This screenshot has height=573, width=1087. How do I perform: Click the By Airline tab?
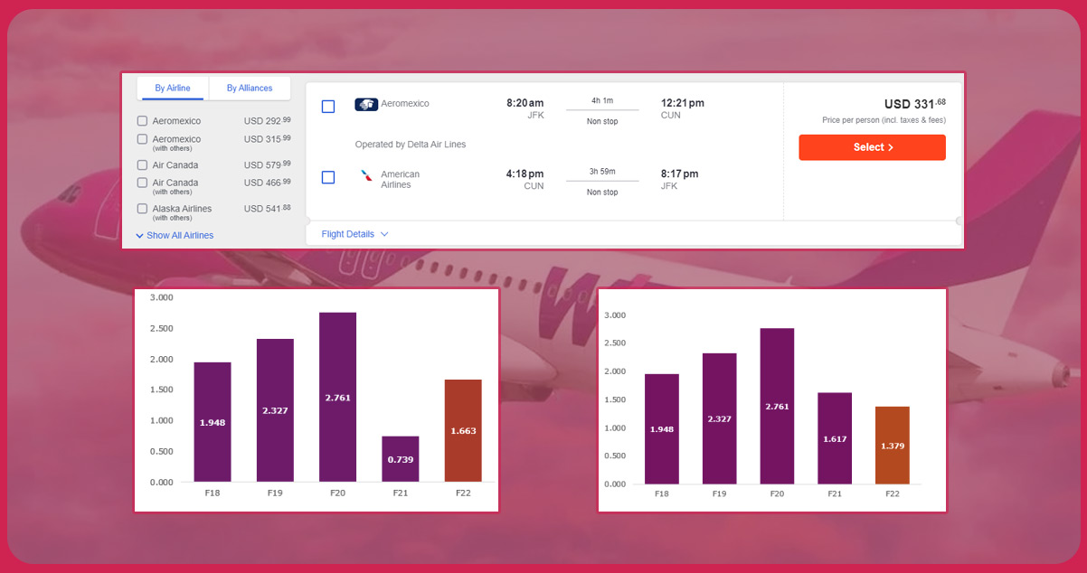coord(172,88)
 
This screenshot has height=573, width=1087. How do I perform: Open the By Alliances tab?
coord(250,88)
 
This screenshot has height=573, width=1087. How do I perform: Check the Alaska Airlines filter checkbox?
coord(142,209)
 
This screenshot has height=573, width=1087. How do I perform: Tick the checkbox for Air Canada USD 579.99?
coord(142,165)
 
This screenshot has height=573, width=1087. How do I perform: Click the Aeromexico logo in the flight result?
coord(366,105)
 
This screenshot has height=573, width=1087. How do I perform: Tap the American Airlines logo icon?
coord(366,176)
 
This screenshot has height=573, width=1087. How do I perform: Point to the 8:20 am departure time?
coord(525,103)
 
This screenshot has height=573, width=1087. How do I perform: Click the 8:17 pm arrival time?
coord(679,174)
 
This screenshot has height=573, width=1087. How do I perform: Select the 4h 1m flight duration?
coord(602,100)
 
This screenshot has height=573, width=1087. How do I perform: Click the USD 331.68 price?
coord(914,104)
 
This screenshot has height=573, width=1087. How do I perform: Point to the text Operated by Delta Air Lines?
coord(411,144)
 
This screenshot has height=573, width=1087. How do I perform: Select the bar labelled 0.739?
coord(400,459)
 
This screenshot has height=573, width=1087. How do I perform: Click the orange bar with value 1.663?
coord(463,430)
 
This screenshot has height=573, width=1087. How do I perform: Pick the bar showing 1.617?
coord(835,437)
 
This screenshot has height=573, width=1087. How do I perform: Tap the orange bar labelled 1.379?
coord(892,445)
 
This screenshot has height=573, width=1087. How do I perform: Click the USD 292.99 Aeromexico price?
coord(267,120)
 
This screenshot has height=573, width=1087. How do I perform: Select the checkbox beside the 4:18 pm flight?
coord(328,177)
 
